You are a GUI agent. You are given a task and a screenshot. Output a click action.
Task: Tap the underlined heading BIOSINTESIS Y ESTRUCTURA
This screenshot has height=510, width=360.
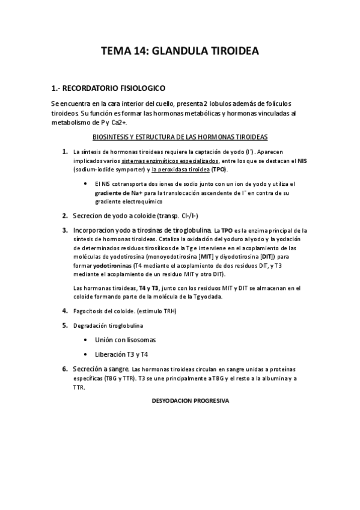tap(184, 137)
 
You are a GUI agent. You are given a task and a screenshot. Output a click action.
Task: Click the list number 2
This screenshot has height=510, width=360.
tap(64, 215)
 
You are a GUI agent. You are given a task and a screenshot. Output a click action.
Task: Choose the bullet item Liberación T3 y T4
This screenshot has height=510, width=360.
tap(121, 354)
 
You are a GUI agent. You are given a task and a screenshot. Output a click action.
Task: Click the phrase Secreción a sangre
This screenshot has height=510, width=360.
tap(100, 368)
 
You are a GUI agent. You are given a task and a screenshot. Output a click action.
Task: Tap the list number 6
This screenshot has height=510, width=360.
tap(64, 368)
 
